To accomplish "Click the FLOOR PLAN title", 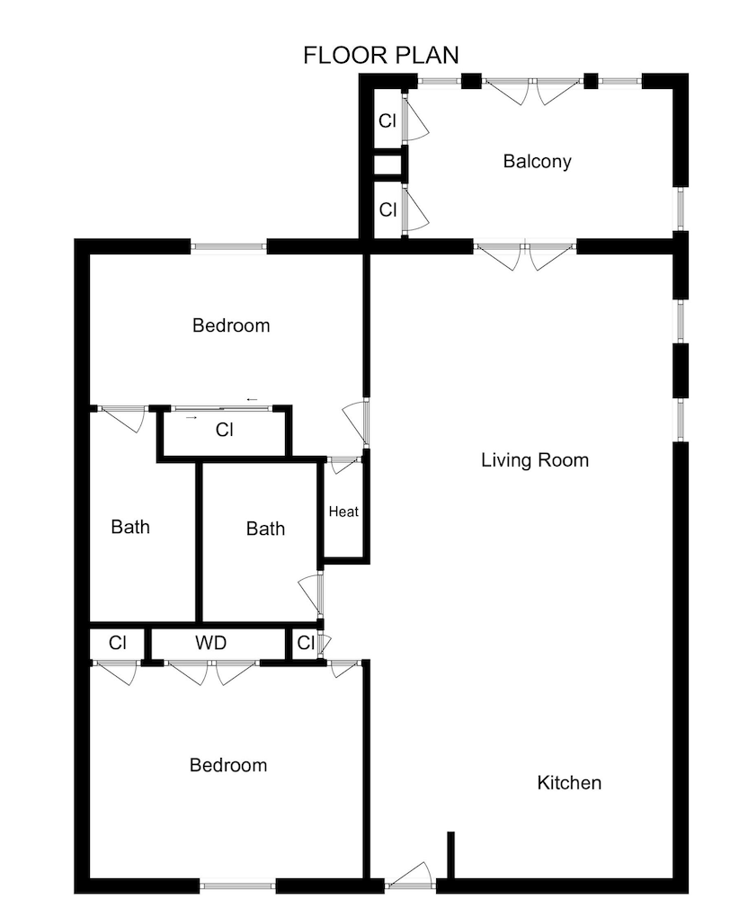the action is (x=381, y=55).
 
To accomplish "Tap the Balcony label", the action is (x=537, y=161).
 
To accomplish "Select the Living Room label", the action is (x=534, y=459).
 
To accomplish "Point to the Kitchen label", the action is (x=569, y=783).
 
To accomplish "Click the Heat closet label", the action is (x=343, y=512).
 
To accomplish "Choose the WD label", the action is (x=210, y=643).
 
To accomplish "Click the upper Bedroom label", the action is (x=231, y=325).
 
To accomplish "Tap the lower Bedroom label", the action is (x=228, y=765).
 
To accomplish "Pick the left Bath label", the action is (x=130, y=527).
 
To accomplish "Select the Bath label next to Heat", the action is (x=265, y=529).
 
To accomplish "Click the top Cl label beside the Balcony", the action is (x=387, y=121).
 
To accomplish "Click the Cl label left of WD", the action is (x=118, y=643).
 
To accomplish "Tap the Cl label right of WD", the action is (x=306, y=643).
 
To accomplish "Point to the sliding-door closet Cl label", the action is (x=225, y=430).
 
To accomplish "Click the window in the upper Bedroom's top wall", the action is (x=229, y=246).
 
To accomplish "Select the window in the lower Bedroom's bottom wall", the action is (x=237, y=886).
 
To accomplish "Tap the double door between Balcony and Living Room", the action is (x=525, y=255).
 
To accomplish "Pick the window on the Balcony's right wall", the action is (x=681, y=209).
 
